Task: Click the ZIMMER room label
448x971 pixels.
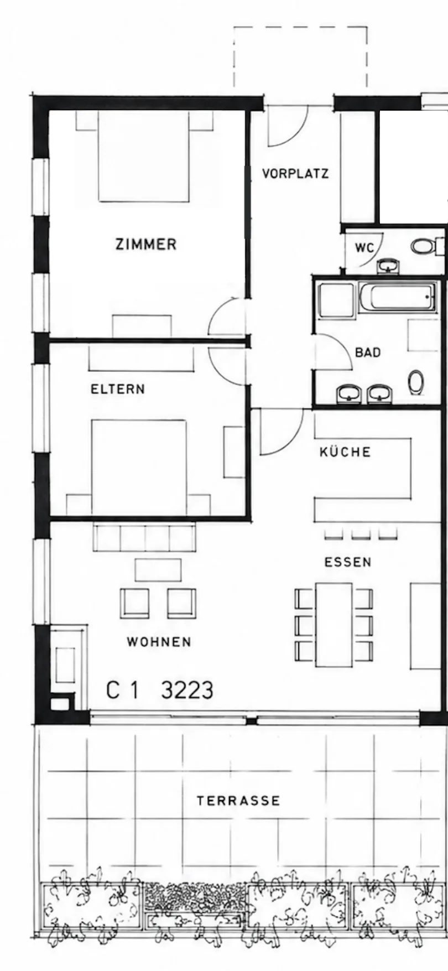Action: pyautogui.click(x=146, y=244)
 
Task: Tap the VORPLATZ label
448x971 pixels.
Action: pyautogui.click(x=295, y=174)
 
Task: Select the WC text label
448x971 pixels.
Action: pyautogui.click(x=364, y=248)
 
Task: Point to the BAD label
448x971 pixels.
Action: pyautogui.click(x=368, y=352)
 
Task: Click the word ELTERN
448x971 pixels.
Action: pyautogui.click(x=118, y=389)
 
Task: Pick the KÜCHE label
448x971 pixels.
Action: pyautogui.click(x=345, y=451)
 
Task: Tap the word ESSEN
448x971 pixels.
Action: pyautogui.click(x=348, y=562)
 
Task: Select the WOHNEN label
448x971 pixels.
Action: pyautogui.click(x=159, y=642)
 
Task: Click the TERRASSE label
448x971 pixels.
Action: pyautogui.click(x=239, y=801)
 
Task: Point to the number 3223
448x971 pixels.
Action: pyautogui.click(x=187, y=690)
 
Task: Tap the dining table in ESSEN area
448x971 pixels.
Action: pyautogui.click(x=334, y=625)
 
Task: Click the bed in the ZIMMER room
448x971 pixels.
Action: pyautogui.click(x=144, y=156)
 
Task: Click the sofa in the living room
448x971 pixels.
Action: pyautogui.click(x=144, y=537)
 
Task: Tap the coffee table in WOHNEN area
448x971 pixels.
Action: pyautogui.click(x=158, y=570)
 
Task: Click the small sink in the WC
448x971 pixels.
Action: pyautogui.click(x=389, y=266)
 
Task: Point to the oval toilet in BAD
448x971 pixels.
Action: pyautogui.click(x=416, y=382)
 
